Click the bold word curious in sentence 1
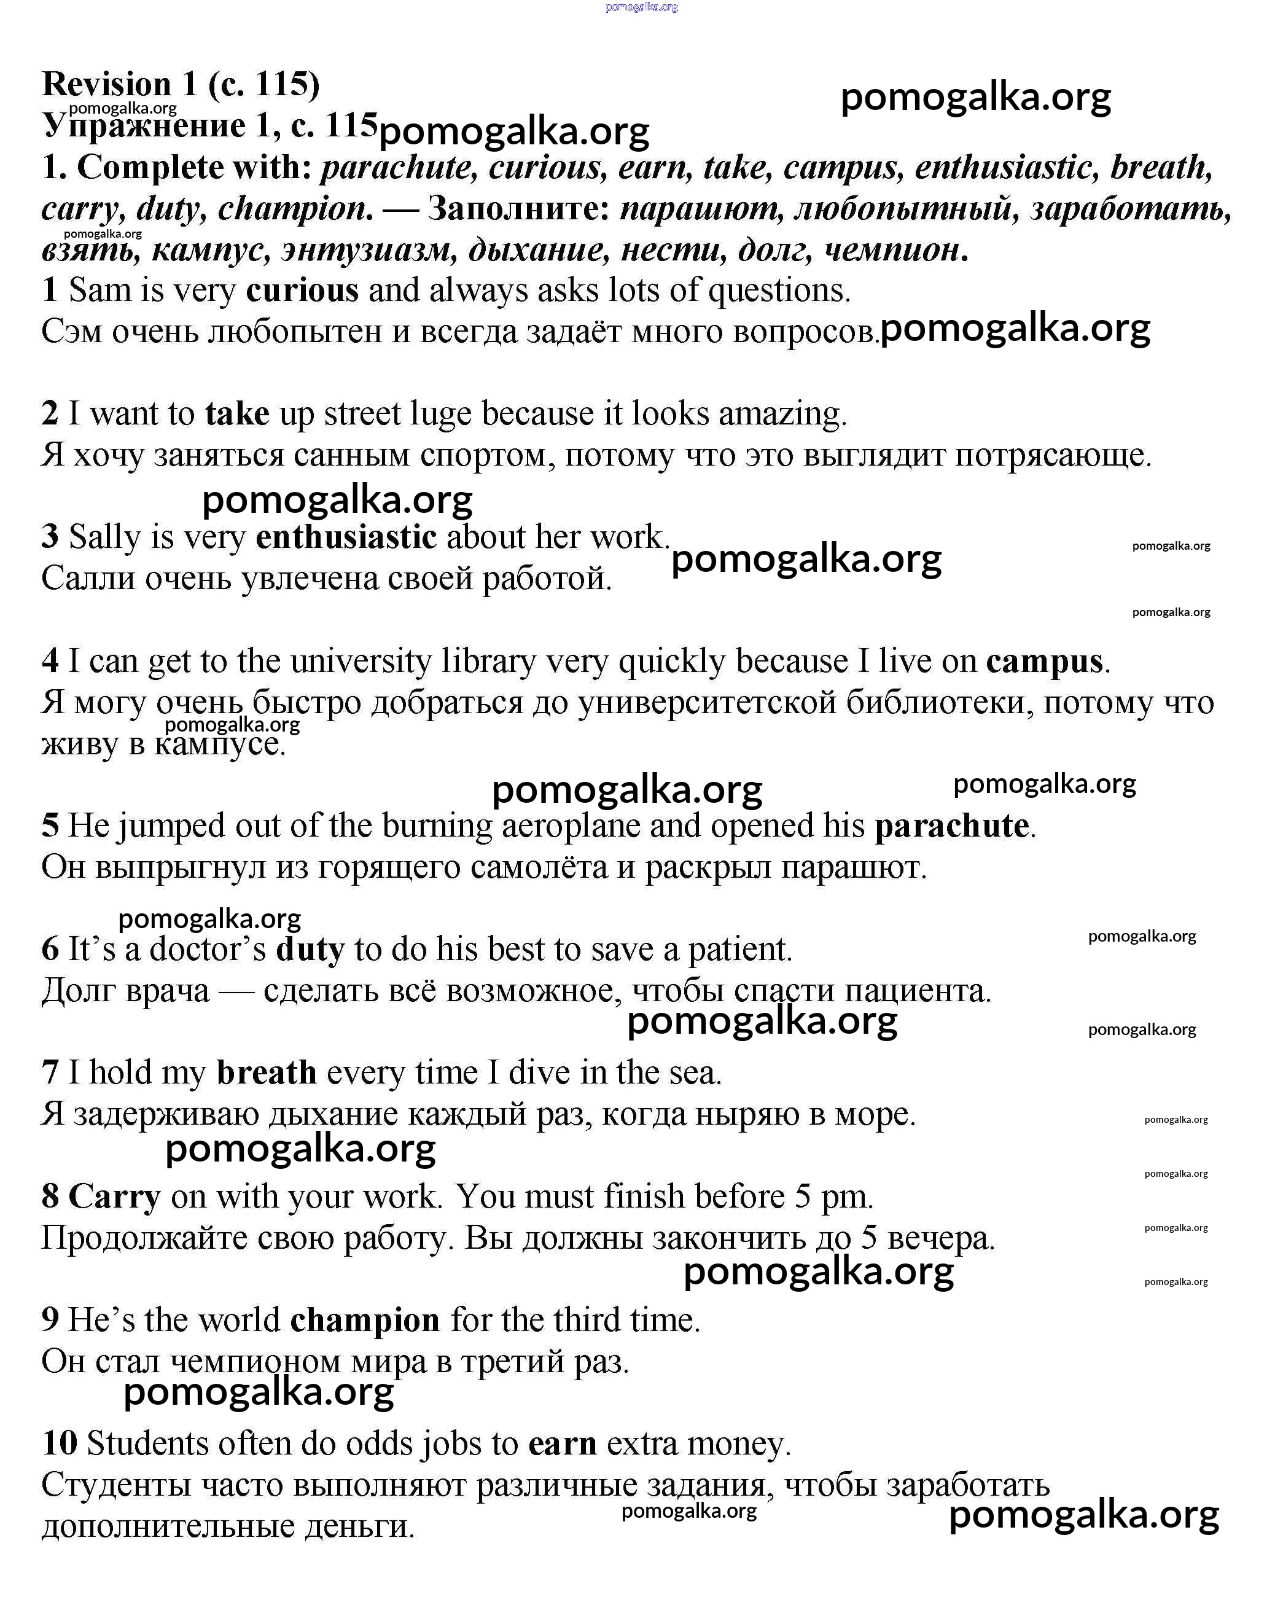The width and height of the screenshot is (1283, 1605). pos(302,291)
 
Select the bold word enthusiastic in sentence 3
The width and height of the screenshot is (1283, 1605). pos(346,537)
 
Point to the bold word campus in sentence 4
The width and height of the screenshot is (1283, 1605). pos(1044,662)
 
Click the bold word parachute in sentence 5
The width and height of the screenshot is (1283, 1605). pos(952,826)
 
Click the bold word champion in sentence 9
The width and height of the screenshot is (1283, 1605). pos(365,1321)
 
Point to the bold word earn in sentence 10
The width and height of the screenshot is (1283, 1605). pos(563,1444)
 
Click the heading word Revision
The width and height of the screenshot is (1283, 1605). pos(107,84)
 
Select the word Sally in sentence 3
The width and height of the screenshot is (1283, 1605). pos(105,537)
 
